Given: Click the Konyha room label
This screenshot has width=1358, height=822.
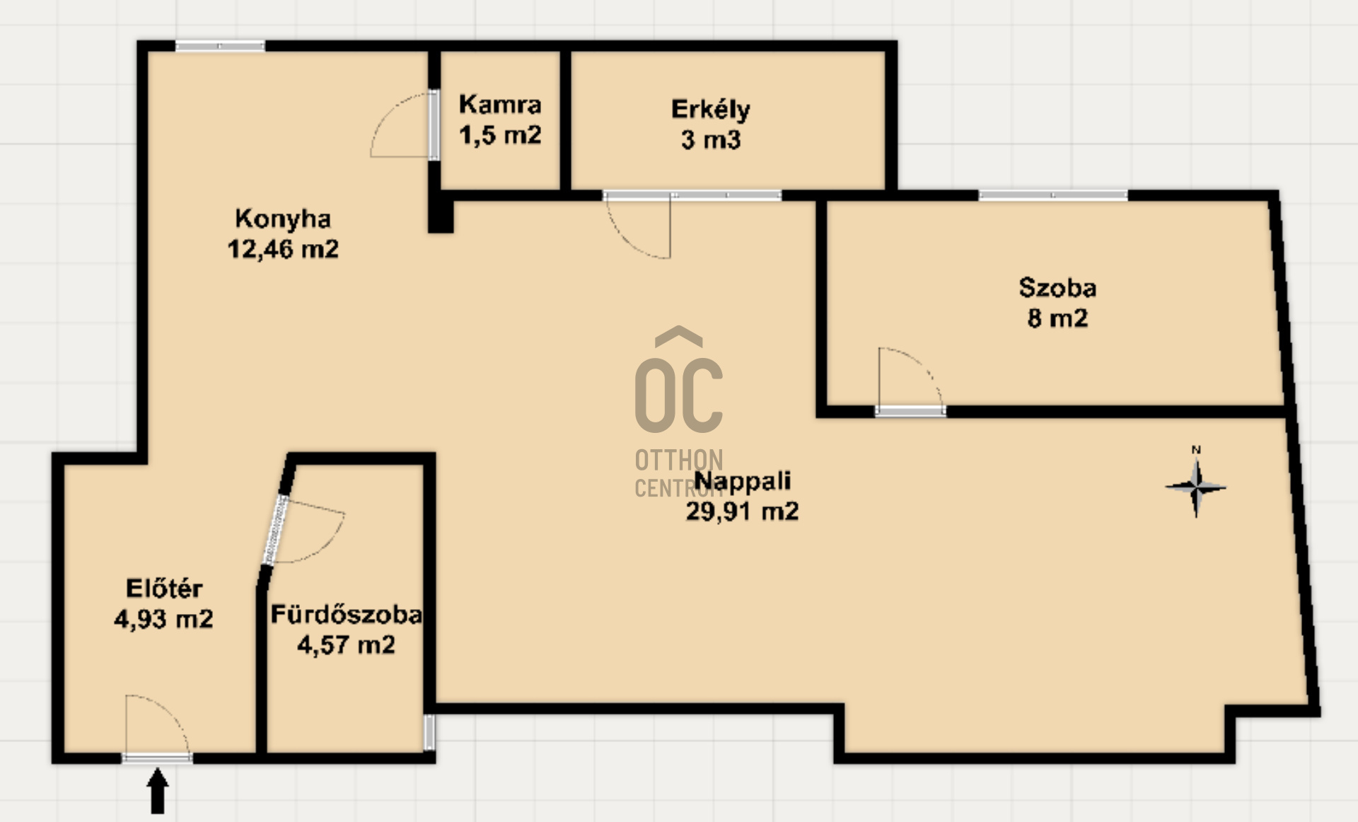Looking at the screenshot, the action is point(283,219).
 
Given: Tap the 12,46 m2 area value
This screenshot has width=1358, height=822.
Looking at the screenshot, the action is point(283,249).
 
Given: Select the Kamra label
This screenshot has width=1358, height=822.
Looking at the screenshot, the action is point(500,105).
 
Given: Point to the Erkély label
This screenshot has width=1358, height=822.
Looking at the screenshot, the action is point(710,110).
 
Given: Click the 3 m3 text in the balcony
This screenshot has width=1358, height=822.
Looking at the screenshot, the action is point(711,139).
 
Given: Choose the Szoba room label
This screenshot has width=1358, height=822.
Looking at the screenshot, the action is point(1057,287).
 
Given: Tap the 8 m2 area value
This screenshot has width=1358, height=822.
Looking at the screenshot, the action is point(1057,318).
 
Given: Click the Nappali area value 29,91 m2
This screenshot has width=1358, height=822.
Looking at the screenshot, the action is point(742,511).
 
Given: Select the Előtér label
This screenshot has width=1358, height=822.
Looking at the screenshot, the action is point(164,588).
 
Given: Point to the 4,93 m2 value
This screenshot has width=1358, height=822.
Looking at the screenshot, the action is point(163,619).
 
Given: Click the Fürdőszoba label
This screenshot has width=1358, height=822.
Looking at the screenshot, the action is point(347,614).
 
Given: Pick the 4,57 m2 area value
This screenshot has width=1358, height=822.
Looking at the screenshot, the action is point(346,644).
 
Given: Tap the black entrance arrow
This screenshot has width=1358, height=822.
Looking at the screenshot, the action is point(158,792).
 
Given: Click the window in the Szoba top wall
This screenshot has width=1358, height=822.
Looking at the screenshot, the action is point(1053,195).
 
